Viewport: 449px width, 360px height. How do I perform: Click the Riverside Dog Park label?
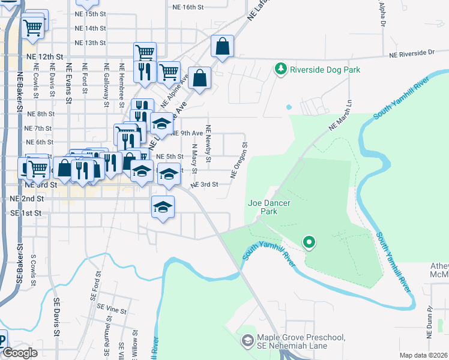pos(325,70)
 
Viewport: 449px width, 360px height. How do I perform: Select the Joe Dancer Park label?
pos(270,208)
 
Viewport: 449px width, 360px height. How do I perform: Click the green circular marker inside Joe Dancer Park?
pos(309,242)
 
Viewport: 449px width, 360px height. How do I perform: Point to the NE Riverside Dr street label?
pos(411,53)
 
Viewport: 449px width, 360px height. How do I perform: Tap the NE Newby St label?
pos(208,143)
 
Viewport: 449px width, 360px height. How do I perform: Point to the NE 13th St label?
pos(91,43)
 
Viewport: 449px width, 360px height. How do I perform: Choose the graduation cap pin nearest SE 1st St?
pos(162,208)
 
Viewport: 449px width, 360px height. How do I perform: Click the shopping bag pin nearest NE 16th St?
pos(222,47)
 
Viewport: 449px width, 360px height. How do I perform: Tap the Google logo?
pos(20,353)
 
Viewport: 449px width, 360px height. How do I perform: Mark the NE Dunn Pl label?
pos(430,320)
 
